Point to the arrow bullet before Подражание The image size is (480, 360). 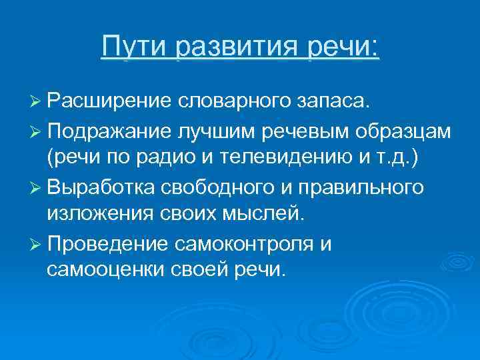(37, 131)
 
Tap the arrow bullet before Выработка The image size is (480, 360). (37, 187)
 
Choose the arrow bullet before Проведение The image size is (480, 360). (37, 243)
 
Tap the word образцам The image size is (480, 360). (413, 131)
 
